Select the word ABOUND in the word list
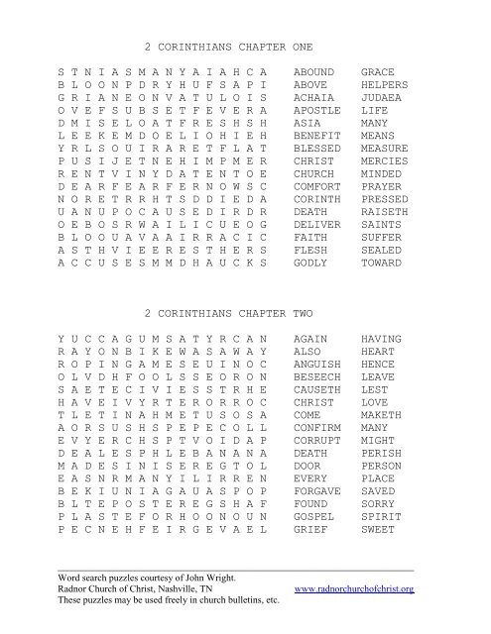coord(314,73)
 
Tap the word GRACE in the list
coord(377,73)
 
